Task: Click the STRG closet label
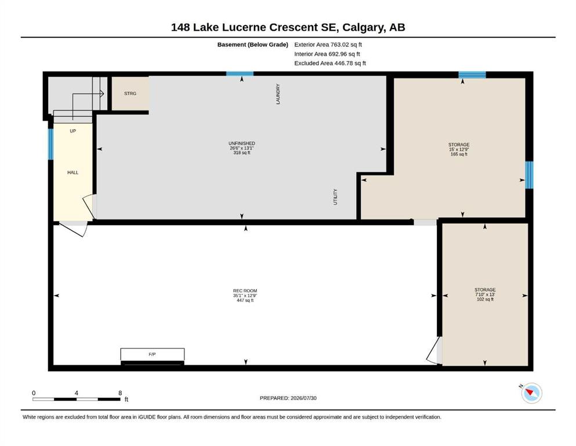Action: pyautogui.click(x=130, y=93)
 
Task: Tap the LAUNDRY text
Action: pyautogui.click(x=278, y=94)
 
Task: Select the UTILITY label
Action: pyautogui.click(x=335, y=197)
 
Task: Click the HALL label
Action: pyautogui.click(x=73, y=172)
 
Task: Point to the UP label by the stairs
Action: pyautogui.click(x=73, y=131)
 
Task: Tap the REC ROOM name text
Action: pyautogui.click(x=245, y=290)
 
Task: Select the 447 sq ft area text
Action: pyautogui.click(x=245, y=300)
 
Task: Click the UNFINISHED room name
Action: pyautogui.click(x=242, y=143)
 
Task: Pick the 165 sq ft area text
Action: pyautogui.click(x=459, y=154)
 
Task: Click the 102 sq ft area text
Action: pyautogui.click(x=485, y=299)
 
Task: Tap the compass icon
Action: pyautogui.click(x=531, y=393)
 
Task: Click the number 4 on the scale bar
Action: pyautogui.click(x=77, y=393)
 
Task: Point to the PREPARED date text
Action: pyautogui.click(x=288, y=398)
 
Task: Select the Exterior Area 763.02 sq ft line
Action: pyautogui.click(x=328, y=45)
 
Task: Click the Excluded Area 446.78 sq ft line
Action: pyautogui.click(x=330, y=63)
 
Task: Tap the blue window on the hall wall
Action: pyautogui.click(x=50, y=144)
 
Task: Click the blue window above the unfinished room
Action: pyautogui.click(x=240, y=74)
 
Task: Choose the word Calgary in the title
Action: pyautogui.click(x=364, y=27)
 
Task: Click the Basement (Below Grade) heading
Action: pyautogui.click(x=253, y=45)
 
